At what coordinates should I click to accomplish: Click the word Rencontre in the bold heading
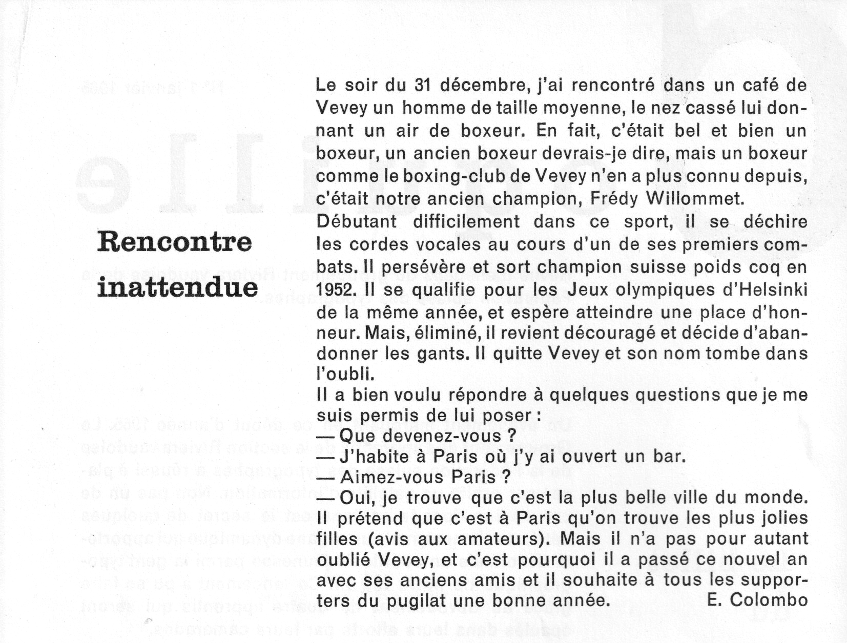174,241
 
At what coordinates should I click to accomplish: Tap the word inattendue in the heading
177,287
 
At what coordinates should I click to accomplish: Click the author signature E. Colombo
757,600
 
